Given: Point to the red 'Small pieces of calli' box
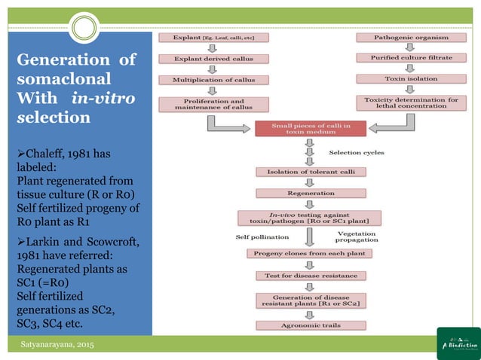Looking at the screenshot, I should (310, 130).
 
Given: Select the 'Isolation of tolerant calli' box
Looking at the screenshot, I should (310, 172).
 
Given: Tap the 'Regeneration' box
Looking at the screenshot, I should (310, 193).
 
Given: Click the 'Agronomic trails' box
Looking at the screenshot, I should (310, 325).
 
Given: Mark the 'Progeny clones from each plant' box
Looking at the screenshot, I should (310, 254).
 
